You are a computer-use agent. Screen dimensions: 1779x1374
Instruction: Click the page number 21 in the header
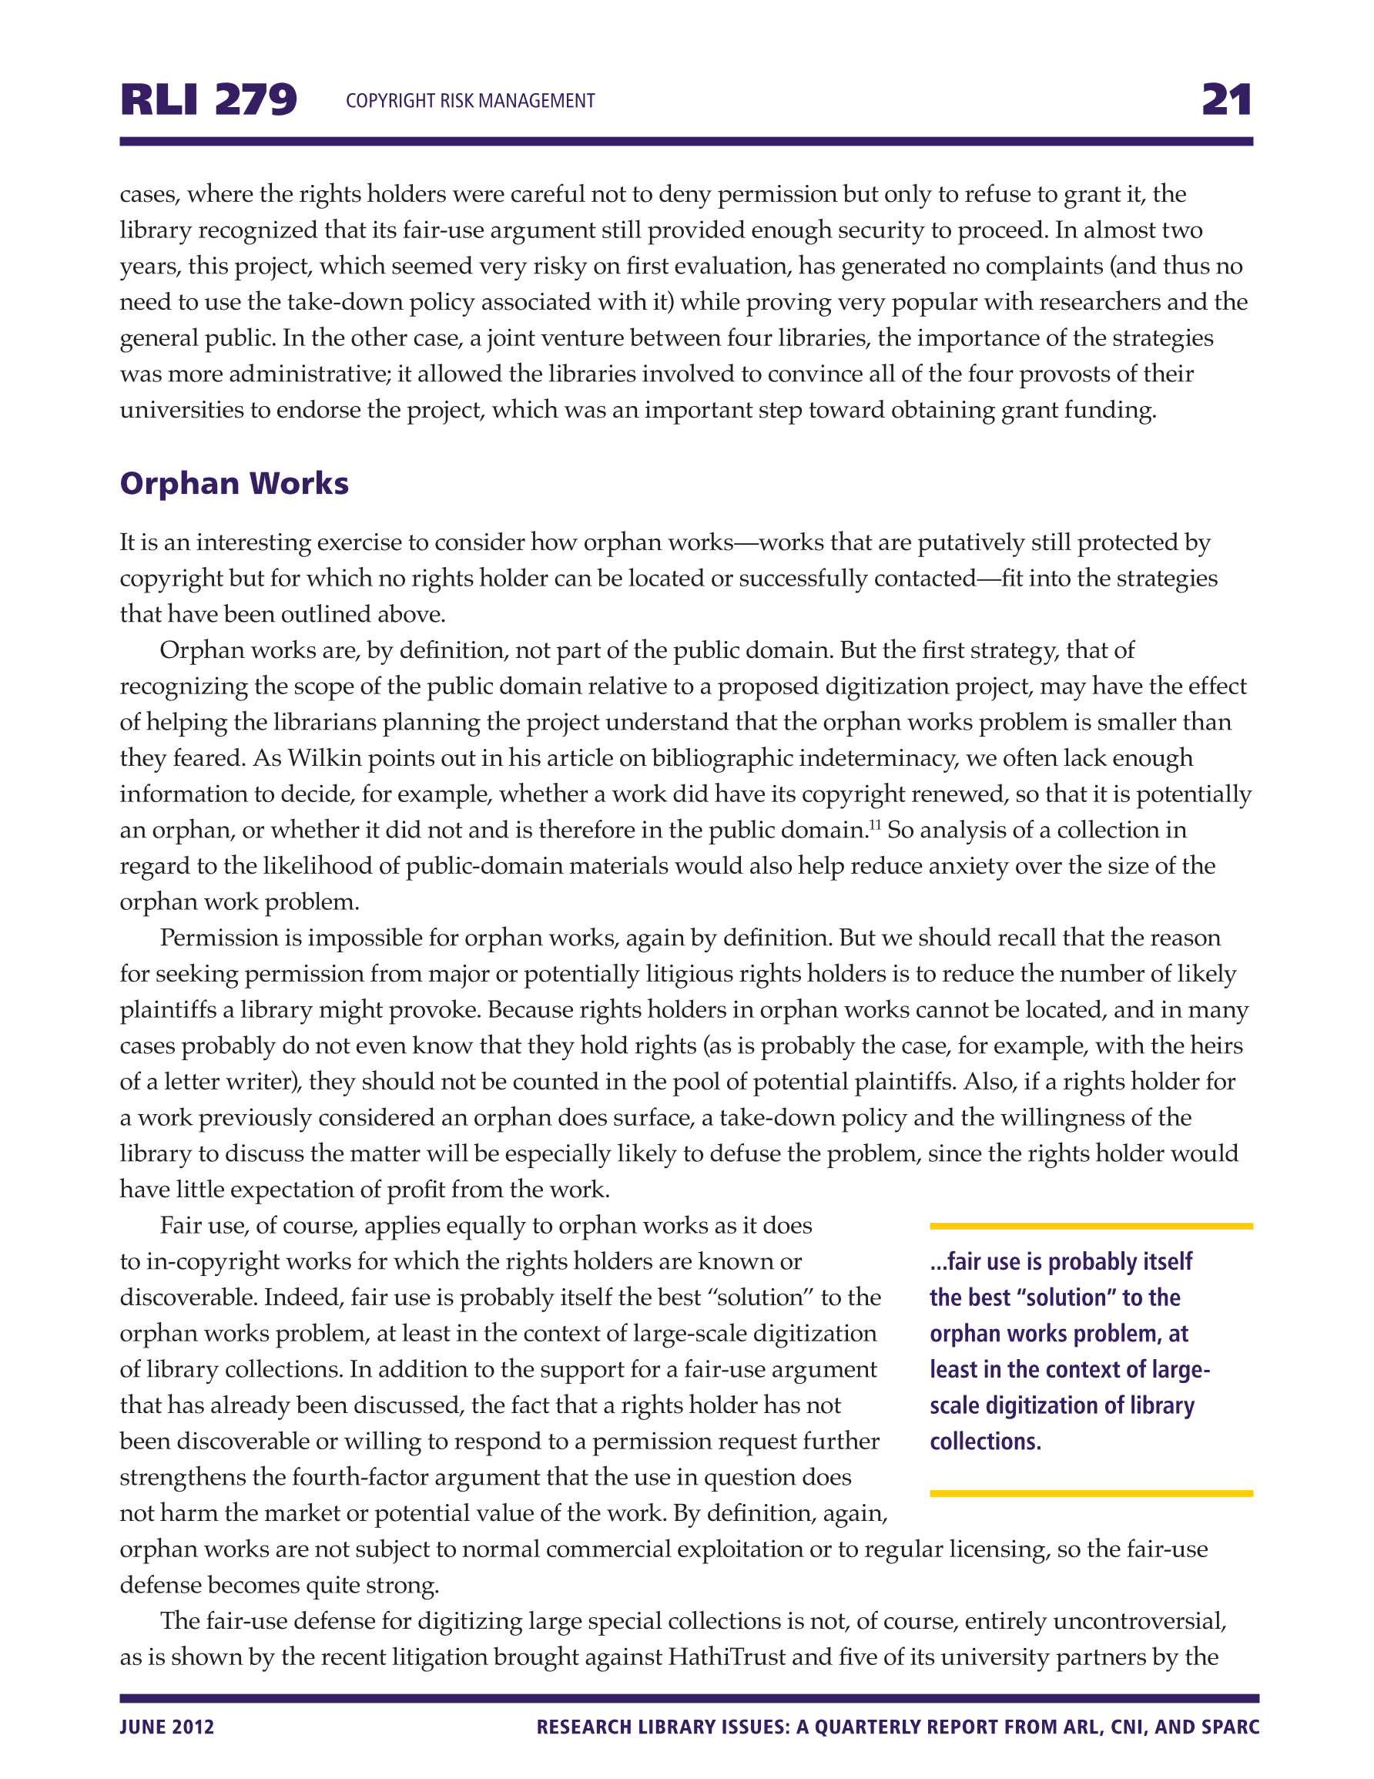[1226, 99]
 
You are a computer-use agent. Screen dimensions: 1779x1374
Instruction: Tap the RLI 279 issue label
[209, 99]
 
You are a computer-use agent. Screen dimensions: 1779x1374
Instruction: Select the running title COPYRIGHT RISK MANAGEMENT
[470, 101]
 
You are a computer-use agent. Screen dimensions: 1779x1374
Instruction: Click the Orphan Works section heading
[234, 483]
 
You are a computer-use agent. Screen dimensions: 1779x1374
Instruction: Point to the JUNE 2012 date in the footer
[167, 1727]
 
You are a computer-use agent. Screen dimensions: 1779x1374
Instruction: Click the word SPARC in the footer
[1230, 1727]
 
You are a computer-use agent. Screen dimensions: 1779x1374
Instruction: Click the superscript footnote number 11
[875, 824]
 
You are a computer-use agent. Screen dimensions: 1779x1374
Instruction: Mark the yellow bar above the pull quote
[1091, 1226]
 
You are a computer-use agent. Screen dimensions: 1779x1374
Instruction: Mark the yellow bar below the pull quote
[1091, 1493]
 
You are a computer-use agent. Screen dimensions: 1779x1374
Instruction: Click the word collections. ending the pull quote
[986, 1442]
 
